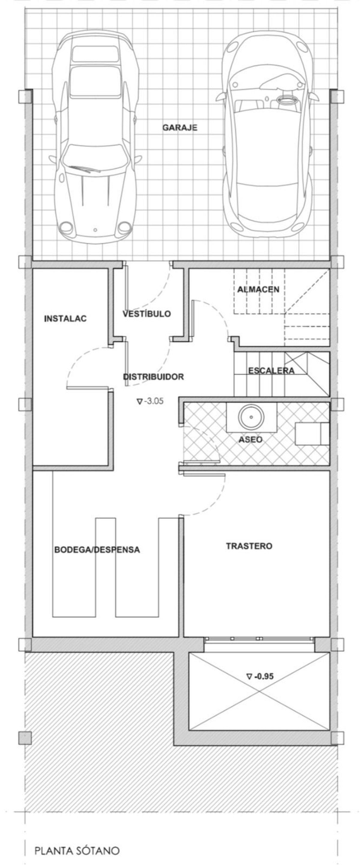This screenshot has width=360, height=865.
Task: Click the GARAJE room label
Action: click(x=180, y=128)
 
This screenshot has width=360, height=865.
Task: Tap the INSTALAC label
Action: click(x=65, y=318)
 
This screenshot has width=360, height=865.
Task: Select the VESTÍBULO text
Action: click(x=146, y=314)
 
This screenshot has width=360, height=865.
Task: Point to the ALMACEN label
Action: click(x=258, y=289)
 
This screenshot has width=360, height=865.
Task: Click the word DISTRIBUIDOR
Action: click(x=154, y=377)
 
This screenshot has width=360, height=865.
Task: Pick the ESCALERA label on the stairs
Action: click(x=271, y=370)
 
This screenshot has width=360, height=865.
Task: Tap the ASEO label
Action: click(x=250, y=439)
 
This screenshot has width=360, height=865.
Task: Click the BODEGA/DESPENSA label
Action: click(x=97, y=550)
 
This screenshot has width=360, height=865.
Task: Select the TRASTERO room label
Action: click(x=249, y=546)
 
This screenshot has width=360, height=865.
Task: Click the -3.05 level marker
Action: click(x=150, y=401)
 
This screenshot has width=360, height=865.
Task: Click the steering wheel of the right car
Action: click(x=285, y=99)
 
